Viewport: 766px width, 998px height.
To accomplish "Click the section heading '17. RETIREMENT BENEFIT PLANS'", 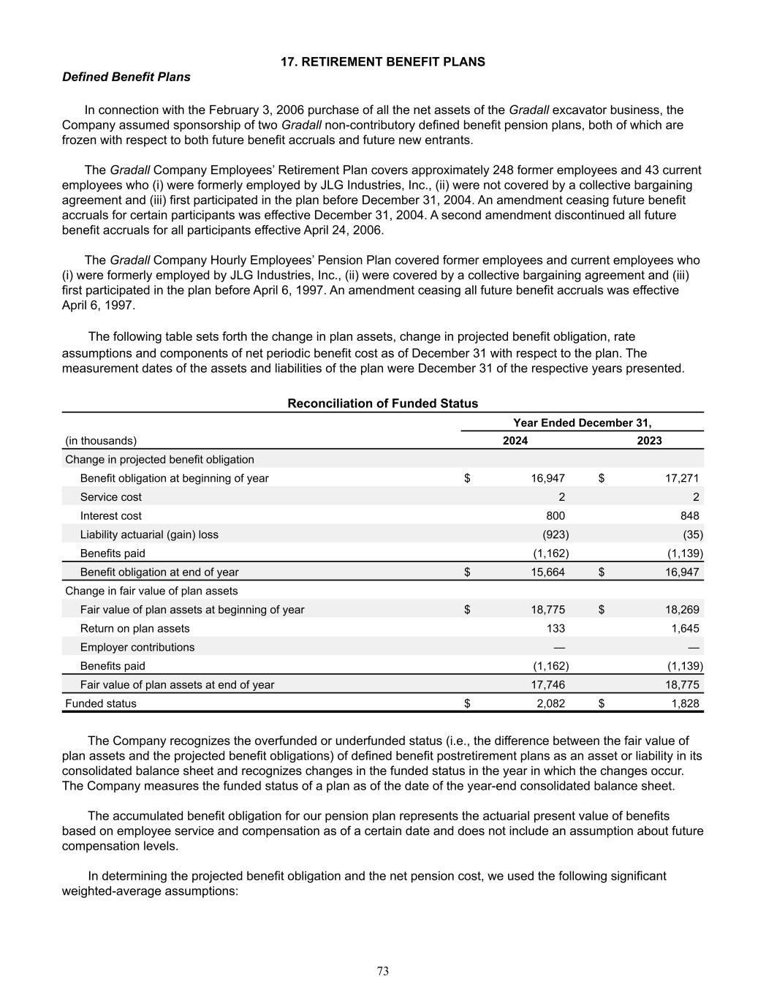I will click(x=383, y=62).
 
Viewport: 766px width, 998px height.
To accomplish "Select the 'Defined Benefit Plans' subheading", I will click(x=126, y=77).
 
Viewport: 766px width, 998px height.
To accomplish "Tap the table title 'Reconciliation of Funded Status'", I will click(x=383, y=404).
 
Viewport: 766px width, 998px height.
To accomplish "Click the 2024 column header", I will click(x=515, y=440).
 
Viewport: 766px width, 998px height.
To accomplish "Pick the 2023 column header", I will click(x=650, y=440).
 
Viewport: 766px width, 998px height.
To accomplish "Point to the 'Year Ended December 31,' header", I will click(x=583, y=423).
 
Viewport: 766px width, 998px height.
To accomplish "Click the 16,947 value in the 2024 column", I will click(x=547, y=478).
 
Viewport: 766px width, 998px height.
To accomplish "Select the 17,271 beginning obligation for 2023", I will click(x=682, y=478).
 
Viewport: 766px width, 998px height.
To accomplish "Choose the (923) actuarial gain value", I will click(x=555, y=534).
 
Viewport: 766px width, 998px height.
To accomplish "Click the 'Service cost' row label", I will click(x=111, y=497).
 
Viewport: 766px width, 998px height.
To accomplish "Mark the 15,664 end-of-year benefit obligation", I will click(x=547, y=572).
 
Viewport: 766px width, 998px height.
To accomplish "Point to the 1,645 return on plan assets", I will click(x=685, y=628).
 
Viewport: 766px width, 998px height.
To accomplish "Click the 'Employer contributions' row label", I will click(x=137, y=647).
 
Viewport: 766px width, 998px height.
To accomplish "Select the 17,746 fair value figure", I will click(x=547, y=685).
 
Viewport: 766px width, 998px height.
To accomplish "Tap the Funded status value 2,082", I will click(x=550, y=703).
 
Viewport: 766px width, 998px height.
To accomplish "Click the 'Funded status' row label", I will click(x=101, y=703).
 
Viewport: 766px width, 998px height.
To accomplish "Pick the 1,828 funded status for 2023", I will click(x=685, y=703).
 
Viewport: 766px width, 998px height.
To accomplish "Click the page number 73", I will click(x=383, y=971).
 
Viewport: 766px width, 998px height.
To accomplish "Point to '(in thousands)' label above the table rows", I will click(x=101, y=440).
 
